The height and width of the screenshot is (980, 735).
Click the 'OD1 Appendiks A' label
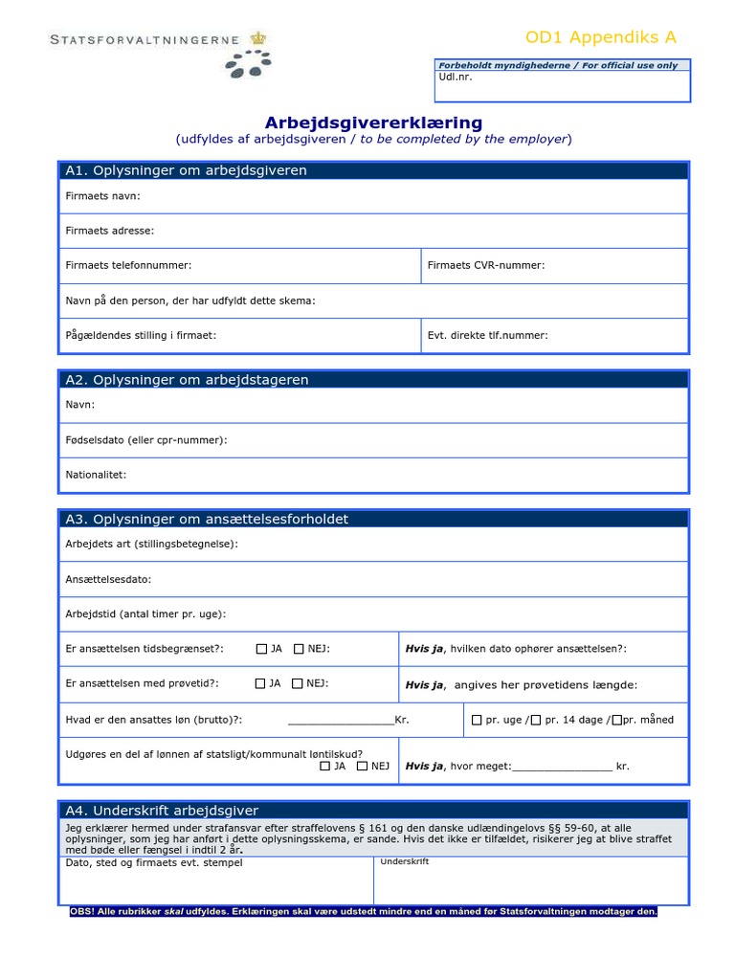[601, 37]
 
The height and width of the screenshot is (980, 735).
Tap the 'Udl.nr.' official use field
[562, 85]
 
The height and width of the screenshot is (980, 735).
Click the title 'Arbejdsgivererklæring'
[373, 122]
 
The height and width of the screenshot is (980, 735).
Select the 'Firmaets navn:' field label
[102, 196]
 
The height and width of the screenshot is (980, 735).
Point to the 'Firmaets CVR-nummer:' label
[486, 265]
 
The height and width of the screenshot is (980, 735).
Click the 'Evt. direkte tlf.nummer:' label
[488, 335]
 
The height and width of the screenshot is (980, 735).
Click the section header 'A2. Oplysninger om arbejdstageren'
[187, 380]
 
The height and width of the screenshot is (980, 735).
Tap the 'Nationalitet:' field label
[96, 475]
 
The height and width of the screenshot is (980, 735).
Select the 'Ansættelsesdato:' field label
[108, 579]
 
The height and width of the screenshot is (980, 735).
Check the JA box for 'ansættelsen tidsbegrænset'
[261, 649]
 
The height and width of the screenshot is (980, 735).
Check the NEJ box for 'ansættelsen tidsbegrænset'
[299, 649]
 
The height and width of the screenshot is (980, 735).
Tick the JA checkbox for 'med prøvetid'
[260, 683]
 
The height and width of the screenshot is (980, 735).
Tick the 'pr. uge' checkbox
[477, 720]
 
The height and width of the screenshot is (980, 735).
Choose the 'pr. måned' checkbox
[616, 720]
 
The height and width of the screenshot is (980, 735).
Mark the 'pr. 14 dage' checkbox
[535, 720]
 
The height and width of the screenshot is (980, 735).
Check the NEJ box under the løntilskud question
[362, 766]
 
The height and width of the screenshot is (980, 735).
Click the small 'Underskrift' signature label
[404, 862]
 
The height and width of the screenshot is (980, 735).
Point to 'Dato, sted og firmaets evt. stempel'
[153, 863]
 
